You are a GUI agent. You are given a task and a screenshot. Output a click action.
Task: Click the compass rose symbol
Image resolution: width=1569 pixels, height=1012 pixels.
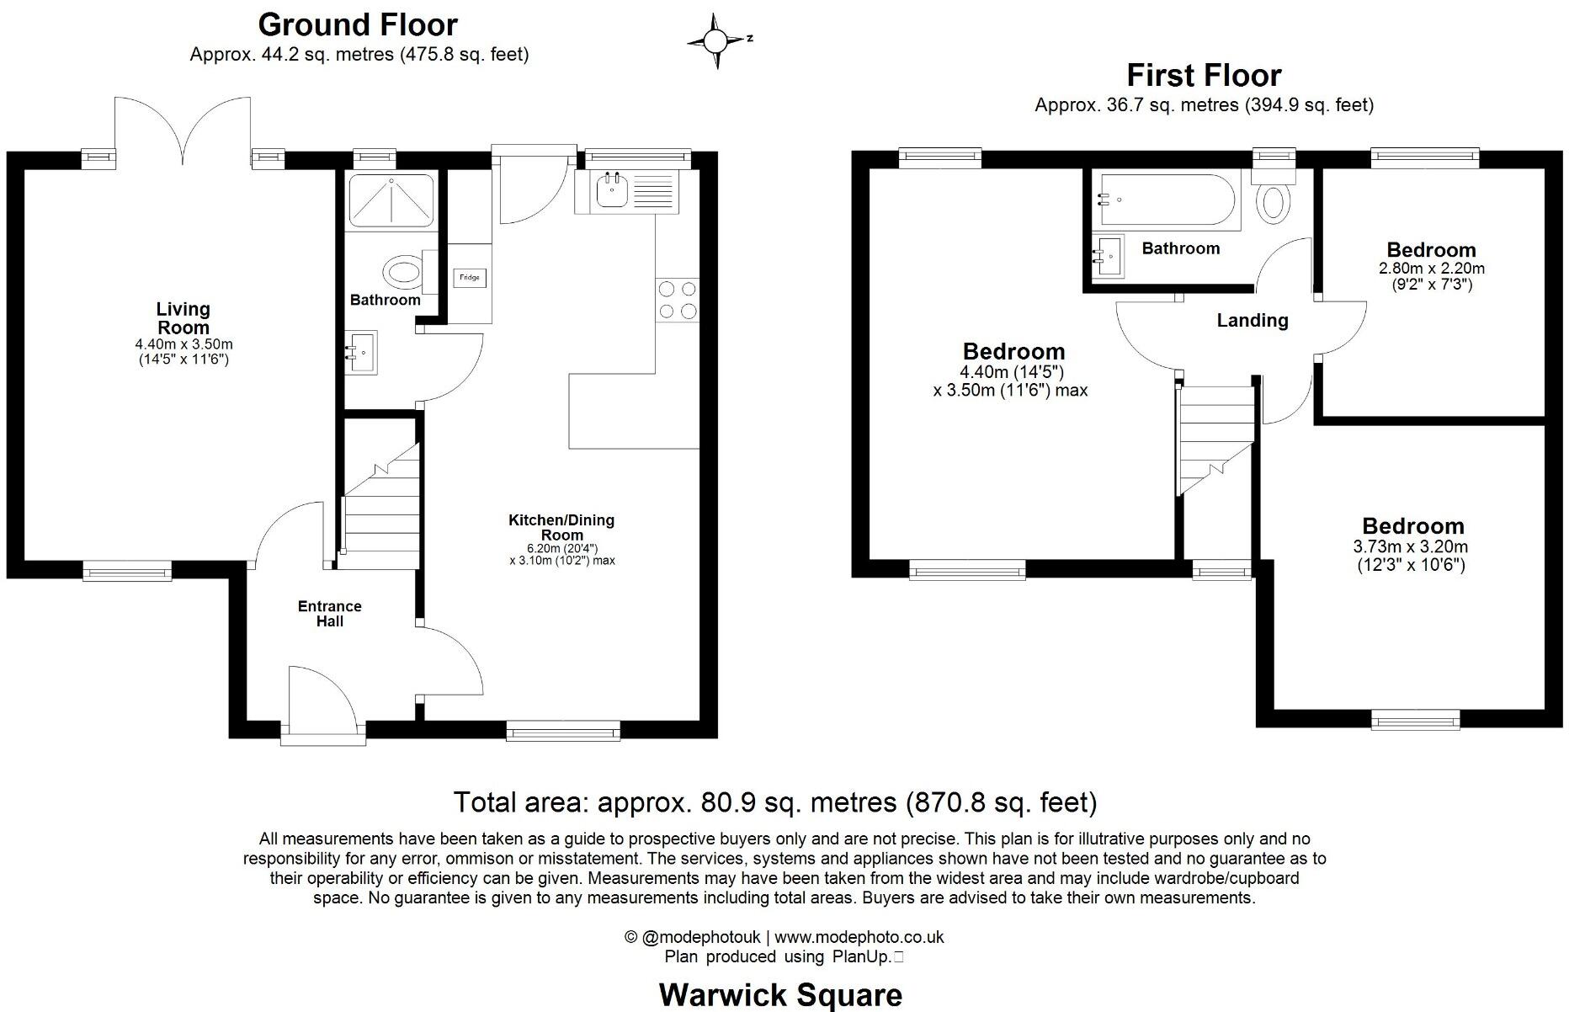point(716,40)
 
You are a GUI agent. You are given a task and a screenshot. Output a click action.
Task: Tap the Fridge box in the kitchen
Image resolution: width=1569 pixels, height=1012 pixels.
point(470,278)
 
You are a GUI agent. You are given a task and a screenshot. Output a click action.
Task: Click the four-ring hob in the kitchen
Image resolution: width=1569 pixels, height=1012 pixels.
point(678,300)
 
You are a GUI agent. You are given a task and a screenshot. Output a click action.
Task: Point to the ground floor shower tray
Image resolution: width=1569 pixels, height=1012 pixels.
point(391,200)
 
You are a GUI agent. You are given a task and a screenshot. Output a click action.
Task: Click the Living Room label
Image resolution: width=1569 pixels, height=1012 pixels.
point(183,318)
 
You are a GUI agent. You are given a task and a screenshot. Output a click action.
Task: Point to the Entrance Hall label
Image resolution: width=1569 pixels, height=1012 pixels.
point(329,614)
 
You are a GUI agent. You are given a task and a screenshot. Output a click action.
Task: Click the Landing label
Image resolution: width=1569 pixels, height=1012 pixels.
point(1252,320)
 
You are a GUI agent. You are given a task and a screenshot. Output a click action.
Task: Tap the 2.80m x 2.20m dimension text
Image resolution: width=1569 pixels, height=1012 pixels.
point(1431,269)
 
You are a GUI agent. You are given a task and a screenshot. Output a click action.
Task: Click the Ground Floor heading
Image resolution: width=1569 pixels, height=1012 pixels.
point(358,24)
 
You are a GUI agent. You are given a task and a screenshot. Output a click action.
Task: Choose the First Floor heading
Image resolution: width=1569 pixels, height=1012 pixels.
point(1204,75)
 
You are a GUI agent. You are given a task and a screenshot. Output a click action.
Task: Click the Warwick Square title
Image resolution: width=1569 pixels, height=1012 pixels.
point(780,994)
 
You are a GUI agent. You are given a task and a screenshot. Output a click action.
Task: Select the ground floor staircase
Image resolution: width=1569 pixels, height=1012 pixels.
point(381,505)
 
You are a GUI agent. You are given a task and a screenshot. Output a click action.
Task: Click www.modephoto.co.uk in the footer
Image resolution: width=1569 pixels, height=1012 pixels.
point(859,937)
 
